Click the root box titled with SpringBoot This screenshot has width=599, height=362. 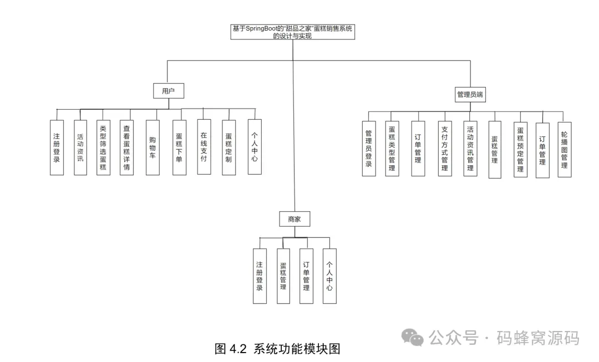(292, 32)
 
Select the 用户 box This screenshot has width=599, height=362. (168, 91)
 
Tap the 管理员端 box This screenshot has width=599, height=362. (470, 94)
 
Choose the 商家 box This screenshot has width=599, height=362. (294, 219)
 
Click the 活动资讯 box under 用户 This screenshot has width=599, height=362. (80, 147)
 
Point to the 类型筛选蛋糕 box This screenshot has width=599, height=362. (103, 147)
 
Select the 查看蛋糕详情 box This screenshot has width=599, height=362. (126, 147)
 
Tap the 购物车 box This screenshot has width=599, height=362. (153, 147)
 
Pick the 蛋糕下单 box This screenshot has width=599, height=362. (179, 147)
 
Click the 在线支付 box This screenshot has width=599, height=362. (204, 146)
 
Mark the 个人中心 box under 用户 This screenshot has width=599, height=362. (254, 146)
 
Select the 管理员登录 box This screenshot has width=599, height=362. (369, 149)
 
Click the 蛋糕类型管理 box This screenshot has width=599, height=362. (392, 149)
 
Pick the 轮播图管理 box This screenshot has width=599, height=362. (564, 149)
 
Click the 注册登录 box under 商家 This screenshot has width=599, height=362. (260, 276)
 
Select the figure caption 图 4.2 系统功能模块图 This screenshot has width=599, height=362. (277, 349)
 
